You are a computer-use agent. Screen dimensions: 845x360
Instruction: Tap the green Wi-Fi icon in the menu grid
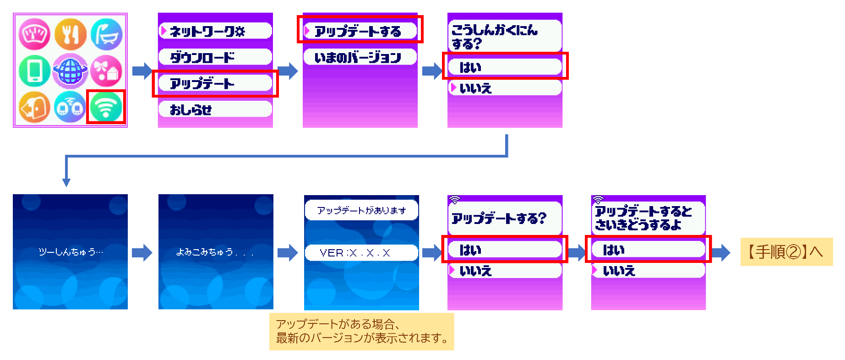pos(106,107)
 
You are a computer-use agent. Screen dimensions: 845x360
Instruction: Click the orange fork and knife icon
pos(70,34)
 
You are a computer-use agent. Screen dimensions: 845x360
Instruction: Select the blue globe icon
pos(70,71)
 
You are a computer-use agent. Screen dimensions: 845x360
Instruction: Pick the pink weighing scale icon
pos(34,34)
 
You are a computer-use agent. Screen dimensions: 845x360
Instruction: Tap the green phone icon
pos(34,71)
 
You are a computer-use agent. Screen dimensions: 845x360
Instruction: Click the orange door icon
pos(34,107)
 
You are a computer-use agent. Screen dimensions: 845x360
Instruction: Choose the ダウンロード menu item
pos(215,57)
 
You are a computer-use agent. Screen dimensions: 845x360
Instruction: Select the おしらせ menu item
pos(215,109)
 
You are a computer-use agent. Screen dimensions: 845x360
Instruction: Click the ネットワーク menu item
pos(215,31)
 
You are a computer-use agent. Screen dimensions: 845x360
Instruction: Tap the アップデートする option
pos(360,31)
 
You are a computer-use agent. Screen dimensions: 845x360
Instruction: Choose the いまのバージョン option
pos(360,57)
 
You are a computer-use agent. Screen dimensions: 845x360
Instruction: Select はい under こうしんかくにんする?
pos(505,67)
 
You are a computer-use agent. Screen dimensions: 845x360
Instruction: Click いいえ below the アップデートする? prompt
pos(505,271)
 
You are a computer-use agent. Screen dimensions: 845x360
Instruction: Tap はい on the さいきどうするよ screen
pos(648,250)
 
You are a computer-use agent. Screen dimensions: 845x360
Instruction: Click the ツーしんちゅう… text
pos(71,251)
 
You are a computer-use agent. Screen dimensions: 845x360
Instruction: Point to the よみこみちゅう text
pos(215,251)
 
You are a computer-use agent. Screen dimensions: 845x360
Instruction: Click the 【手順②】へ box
pos(786,251)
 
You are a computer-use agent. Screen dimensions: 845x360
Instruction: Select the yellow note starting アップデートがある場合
pos(361,331)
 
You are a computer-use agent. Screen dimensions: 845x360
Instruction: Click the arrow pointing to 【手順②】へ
pos(721,252)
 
